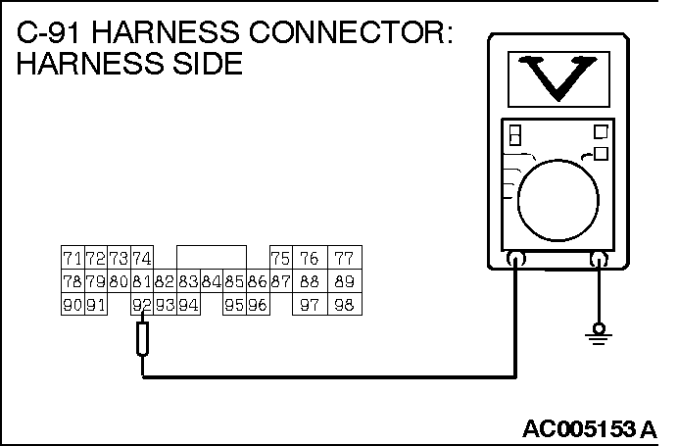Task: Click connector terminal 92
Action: [141, 306]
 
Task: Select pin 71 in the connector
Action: [71, 259]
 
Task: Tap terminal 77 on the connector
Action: [343, 259]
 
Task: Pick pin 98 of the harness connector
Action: [343, 306]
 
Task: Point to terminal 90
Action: [71, 306]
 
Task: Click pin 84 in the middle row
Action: [211, 282]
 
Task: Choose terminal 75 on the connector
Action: [281, 259]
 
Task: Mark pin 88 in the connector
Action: [310, 282]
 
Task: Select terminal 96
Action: [258, 306]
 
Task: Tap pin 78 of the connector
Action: [71, 282]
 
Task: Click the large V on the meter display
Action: [557, 78]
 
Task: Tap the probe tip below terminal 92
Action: [142, 341]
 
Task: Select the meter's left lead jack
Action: [514, 260]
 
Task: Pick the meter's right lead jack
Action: [599, 260]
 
